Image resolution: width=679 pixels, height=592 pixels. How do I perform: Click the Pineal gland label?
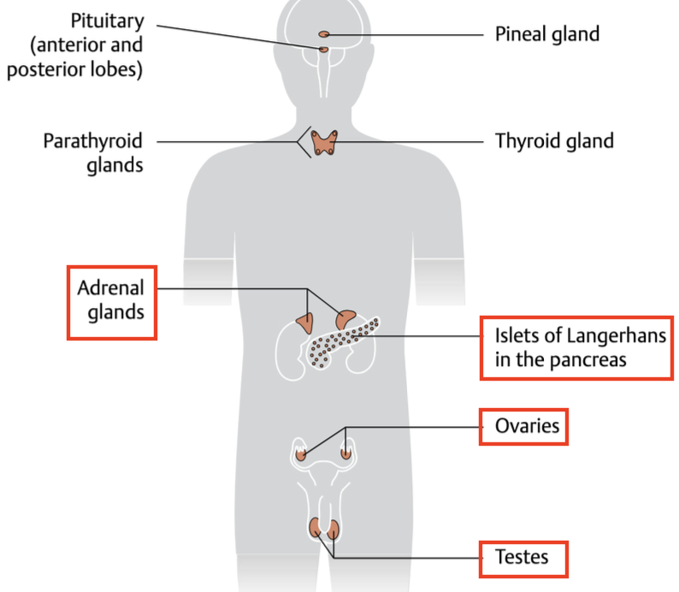tap(547, 34)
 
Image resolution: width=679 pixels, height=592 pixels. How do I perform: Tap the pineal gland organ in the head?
tap(324, 34)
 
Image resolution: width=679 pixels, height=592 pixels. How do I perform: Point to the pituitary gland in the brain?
tap(324, 50)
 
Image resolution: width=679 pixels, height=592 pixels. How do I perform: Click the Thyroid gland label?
tap(554, 140)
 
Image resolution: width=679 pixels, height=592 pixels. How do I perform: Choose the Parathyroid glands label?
tap(92, 152)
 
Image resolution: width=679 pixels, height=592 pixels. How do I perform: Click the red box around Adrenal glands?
tap(112, 302)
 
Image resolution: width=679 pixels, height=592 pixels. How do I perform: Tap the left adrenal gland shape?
tap(305, 320)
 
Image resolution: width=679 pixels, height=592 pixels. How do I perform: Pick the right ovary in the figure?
tap(345, 453)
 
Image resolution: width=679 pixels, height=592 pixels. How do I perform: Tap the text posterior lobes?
tap(74, 69)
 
